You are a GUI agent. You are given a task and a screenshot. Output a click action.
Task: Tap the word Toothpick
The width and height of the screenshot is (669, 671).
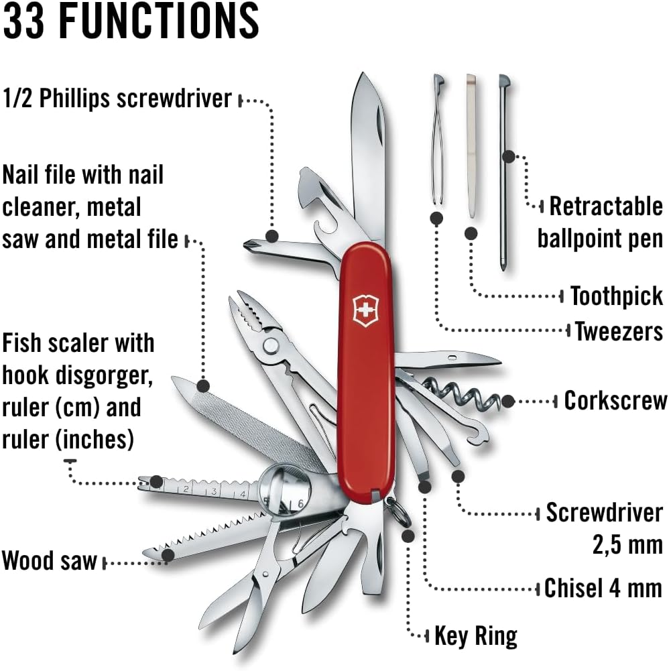616,296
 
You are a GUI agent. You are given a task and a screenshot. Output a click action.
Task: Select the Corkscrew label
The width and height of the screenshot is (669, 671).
615,400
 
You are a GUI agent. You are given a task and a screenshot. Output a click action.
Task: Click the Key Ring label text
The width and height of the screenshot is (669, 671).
476,635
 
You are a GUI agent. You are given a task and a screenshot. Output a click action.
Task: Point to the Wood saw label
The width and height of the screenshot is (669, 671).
50,560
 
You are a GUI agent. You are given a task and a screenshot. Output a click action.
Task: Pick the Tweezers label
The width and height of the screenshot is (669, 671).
619,330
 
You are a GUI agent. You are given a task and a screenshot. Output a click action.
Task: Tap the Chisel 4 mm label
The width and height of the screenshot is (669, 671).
603,588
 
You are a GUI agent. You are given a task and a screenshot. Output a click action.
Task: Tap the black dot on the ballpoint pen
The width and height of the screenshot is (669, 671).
508,157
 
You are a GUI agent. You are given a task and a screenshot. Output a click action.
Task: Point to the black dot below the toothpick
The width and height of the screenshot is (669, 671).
471,233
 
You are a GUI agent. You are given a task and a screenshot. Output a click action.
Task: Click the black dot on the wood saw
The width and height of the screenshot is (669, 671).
168,554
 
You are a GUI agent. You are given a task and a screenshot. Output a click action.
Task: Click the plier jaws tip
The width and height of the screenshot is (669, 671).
241,305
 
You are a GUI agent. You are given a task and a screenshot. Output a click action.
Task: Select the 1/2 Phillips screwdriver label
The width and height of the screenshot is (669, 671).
117,99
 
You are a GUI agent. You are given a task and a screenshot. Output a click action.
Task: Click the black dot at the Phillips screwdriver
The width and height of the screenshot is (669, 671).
272,235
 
